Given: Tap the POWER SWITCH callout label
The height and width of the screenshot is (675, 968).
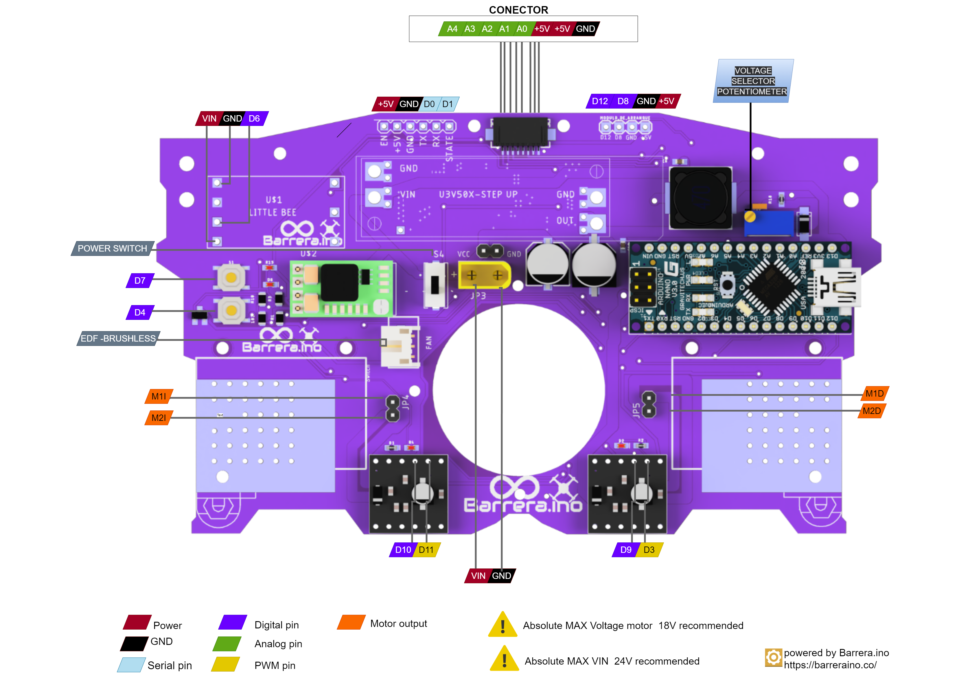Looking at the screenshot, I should [112, 248].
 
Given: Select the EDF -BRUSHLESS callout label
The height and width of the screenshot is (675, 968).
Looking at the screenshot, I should [118, 338].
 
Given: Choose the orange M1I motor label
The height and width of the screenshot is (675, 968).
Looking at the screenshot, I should [159, 397].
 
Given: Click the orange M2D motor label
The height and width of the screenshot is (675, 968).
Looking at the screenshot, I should [871, 411].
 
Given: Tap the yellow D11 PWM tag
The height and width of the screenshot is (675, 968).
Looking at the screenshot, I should [426, 550].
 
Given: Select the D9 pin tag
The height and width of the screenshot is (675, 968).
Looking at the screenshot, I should [626, 550].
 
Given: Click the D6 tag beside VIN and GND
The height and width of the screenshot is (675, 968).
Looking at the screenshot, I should [254, 119].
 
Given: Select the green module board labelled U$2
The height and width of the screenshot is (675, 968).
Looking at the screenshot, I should [341, 289].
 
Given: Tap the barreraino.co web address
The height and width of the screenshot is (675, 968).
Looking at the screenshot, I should [830, 665].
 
